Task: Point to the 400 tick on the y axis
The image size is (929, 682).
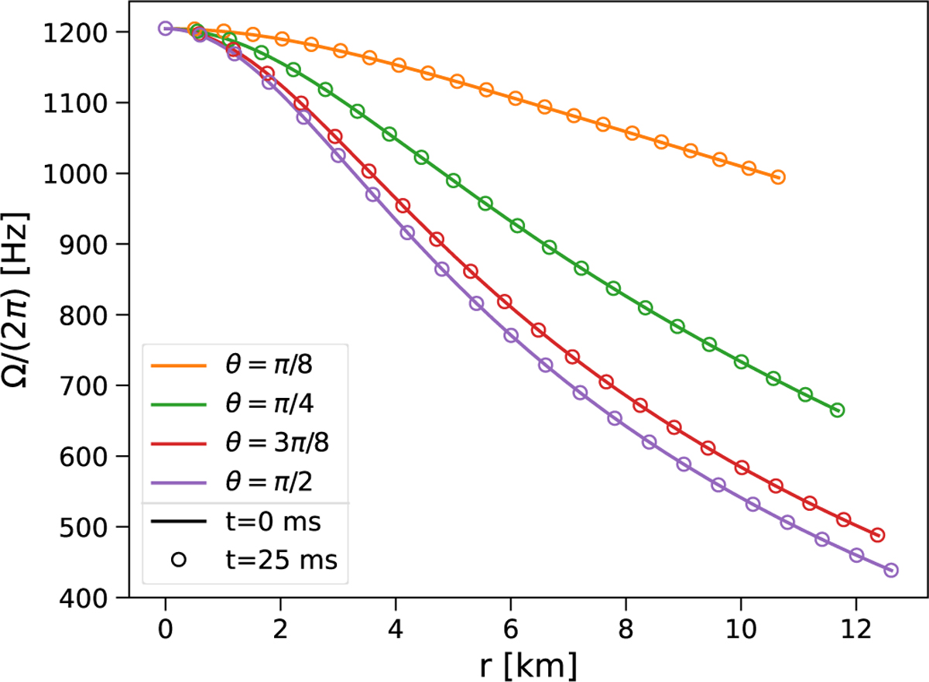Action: pos(87,598)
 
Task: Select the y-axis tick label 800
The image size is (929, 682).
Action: pos(87,315)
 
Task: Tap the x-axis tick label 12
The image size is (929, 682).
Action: pos(855,625)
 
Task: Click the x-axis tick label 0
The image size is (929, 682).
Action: pos(165,625)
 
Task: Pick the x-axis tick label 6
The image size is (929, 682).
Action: pos(510,625)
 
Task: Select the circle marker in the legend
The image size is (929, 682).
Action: pos(179,559)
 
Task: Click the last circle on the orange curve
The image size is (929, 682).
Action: pos(778,177)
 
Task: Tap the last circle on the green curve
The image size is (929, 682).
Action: pos(837,410)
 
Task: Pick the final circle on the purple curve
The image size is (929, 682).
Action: pos(890,570)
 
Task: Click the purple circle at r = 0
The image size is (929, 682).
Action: pos(165,29)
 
